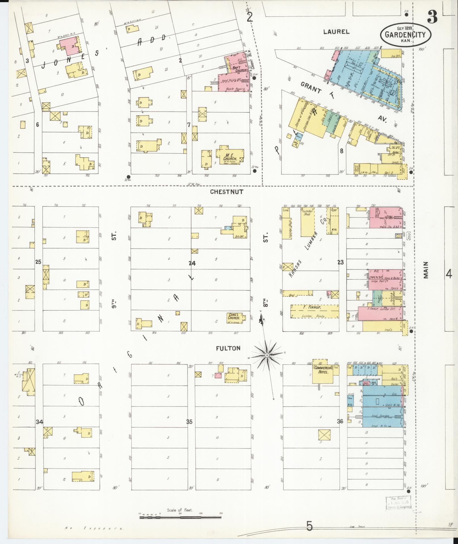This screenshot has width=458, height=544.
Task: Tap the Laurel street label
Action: pos(336,32)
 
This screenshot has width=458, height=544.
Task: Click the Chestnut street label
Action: pos(227,192)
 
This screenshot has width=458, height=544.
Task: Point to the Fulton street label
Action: pos(228,348)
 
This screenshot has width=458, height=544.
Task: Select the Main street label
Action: pos(426,270)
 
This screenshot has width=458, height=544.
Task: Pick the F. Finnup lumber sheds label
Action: pos(315,312)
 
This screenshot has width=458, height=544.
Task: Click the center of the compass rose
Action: pos(267,355)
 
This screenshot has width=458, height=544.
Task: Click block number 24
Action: pos(192,263)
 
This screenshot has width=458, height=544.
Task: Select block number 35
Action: pos(189,422)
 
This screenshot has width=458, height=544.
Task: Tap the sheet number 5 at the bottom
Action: pos(309,526)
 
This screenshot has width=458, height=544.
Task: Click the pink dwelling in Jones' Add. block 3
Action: pos(69,46)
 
